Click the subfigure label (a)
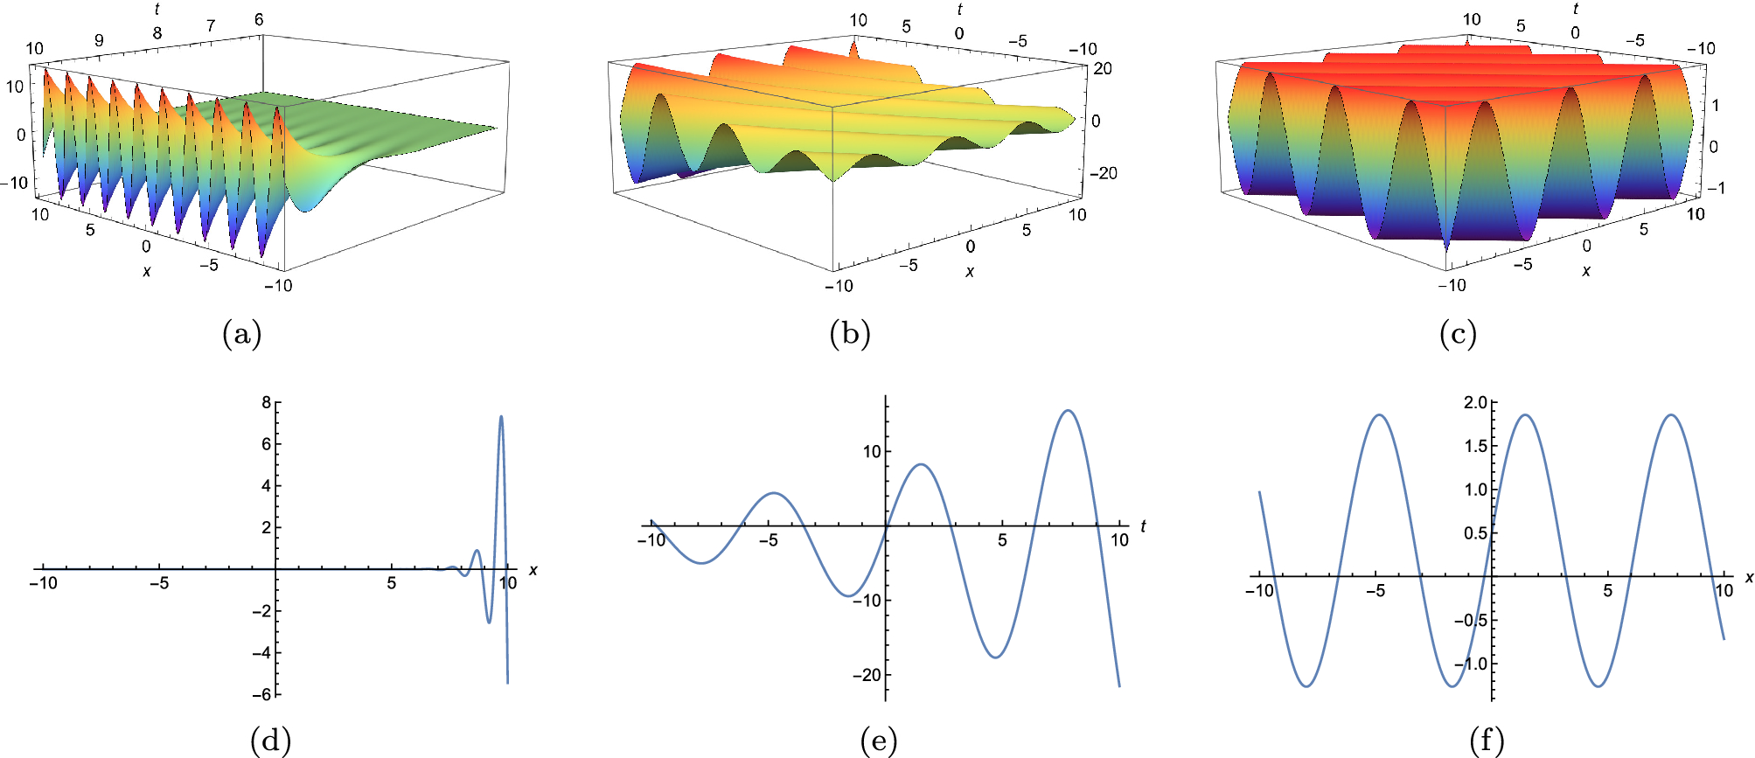(x=242, y=333)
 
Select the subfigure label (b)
(x=849, y=333)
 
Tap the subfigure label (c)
(x=1458, y=333)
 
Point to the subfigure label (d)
(x=270, y=741)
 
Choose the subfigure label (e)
(x=879, y=741)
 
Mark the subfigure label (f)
(x=1487, y=741)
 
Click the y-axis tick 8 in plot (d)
(x=266, y=402)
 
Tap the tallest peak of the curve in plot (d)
(x=501, y=416)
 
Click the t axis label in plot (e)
(x=1143, y=526)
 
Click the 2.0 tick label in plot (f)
(x=1475, y=402)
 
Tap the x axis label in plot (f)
(x=1749, y=577)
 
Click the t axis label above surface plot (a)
(x=157, y=10)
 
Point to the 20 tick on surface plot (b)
(x=1102, y=68)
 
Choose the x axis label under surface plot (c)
(x=1585, y=271)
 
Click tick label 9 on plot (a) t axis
(x=99, y=40)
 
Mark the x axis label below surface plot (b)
(x=970, y=272)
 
